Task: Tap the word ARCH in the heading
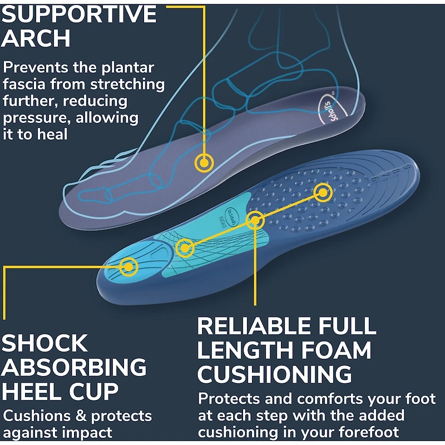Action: [x=36, y=39]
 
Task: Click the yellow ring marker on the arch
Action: [x=204, y=162]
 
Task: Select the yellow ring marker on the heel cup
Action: [x=128, y=267]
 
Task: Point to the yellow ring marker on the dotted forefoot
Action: [x=323, y=193]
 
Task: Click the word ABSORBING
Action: [x=75, y=368]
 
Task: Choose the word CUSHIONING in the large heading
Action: [x=275, y=375]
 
